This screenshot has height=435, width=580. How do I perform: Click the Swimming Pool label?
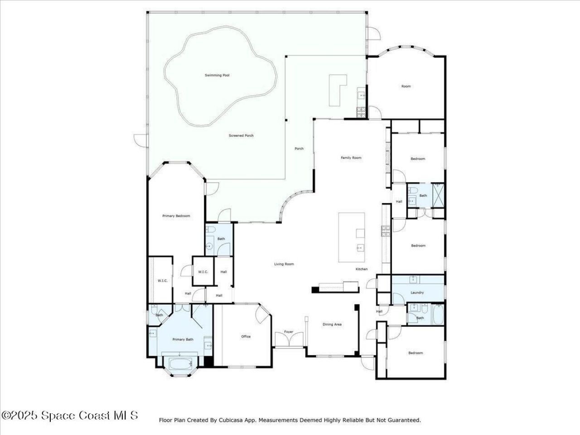217,75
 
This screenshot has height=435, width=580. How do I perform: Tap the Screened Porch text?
241,135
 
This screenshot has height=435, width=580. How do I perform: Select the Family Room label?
351,158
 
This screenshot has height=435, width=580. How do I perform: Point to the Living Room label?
284,264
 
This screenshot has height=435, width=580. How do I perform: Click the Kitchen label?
362,269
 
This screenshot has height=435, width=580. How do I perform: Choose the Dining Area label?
332,324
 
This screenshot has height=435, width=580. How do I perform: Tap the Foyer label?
289,332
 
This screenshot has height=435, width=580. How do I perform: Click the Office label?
246,337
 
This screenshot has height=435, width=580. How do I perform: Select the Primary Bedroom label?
176,216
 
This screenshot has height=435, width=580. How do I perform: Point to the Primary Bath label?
183,339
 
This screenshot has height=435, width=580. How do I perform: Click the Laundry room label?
417,293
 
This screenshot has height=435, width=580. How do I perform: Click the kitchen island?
352,237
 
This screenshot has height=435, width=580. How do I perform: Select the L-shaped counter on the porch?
337,89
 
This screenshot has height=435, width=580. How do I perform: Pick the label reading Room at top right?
406,86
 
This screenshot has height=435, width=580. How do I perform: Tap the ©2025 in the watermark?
20,415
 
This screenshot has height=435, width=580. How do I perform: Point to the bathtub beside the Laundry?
438,315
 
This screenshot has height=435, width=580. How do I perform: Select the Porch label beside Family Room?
299,149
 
